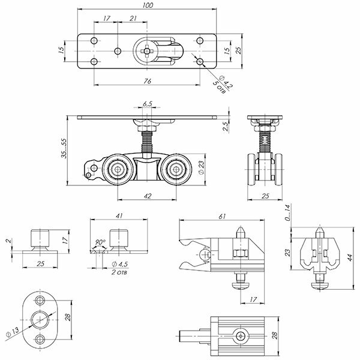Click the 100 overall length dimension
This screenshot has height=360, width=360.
coord(148,6)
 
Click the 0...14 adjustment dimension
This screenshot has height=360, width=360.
coord(289,211)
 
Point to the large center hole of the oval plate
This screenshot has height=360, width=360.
coord(41,318)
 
